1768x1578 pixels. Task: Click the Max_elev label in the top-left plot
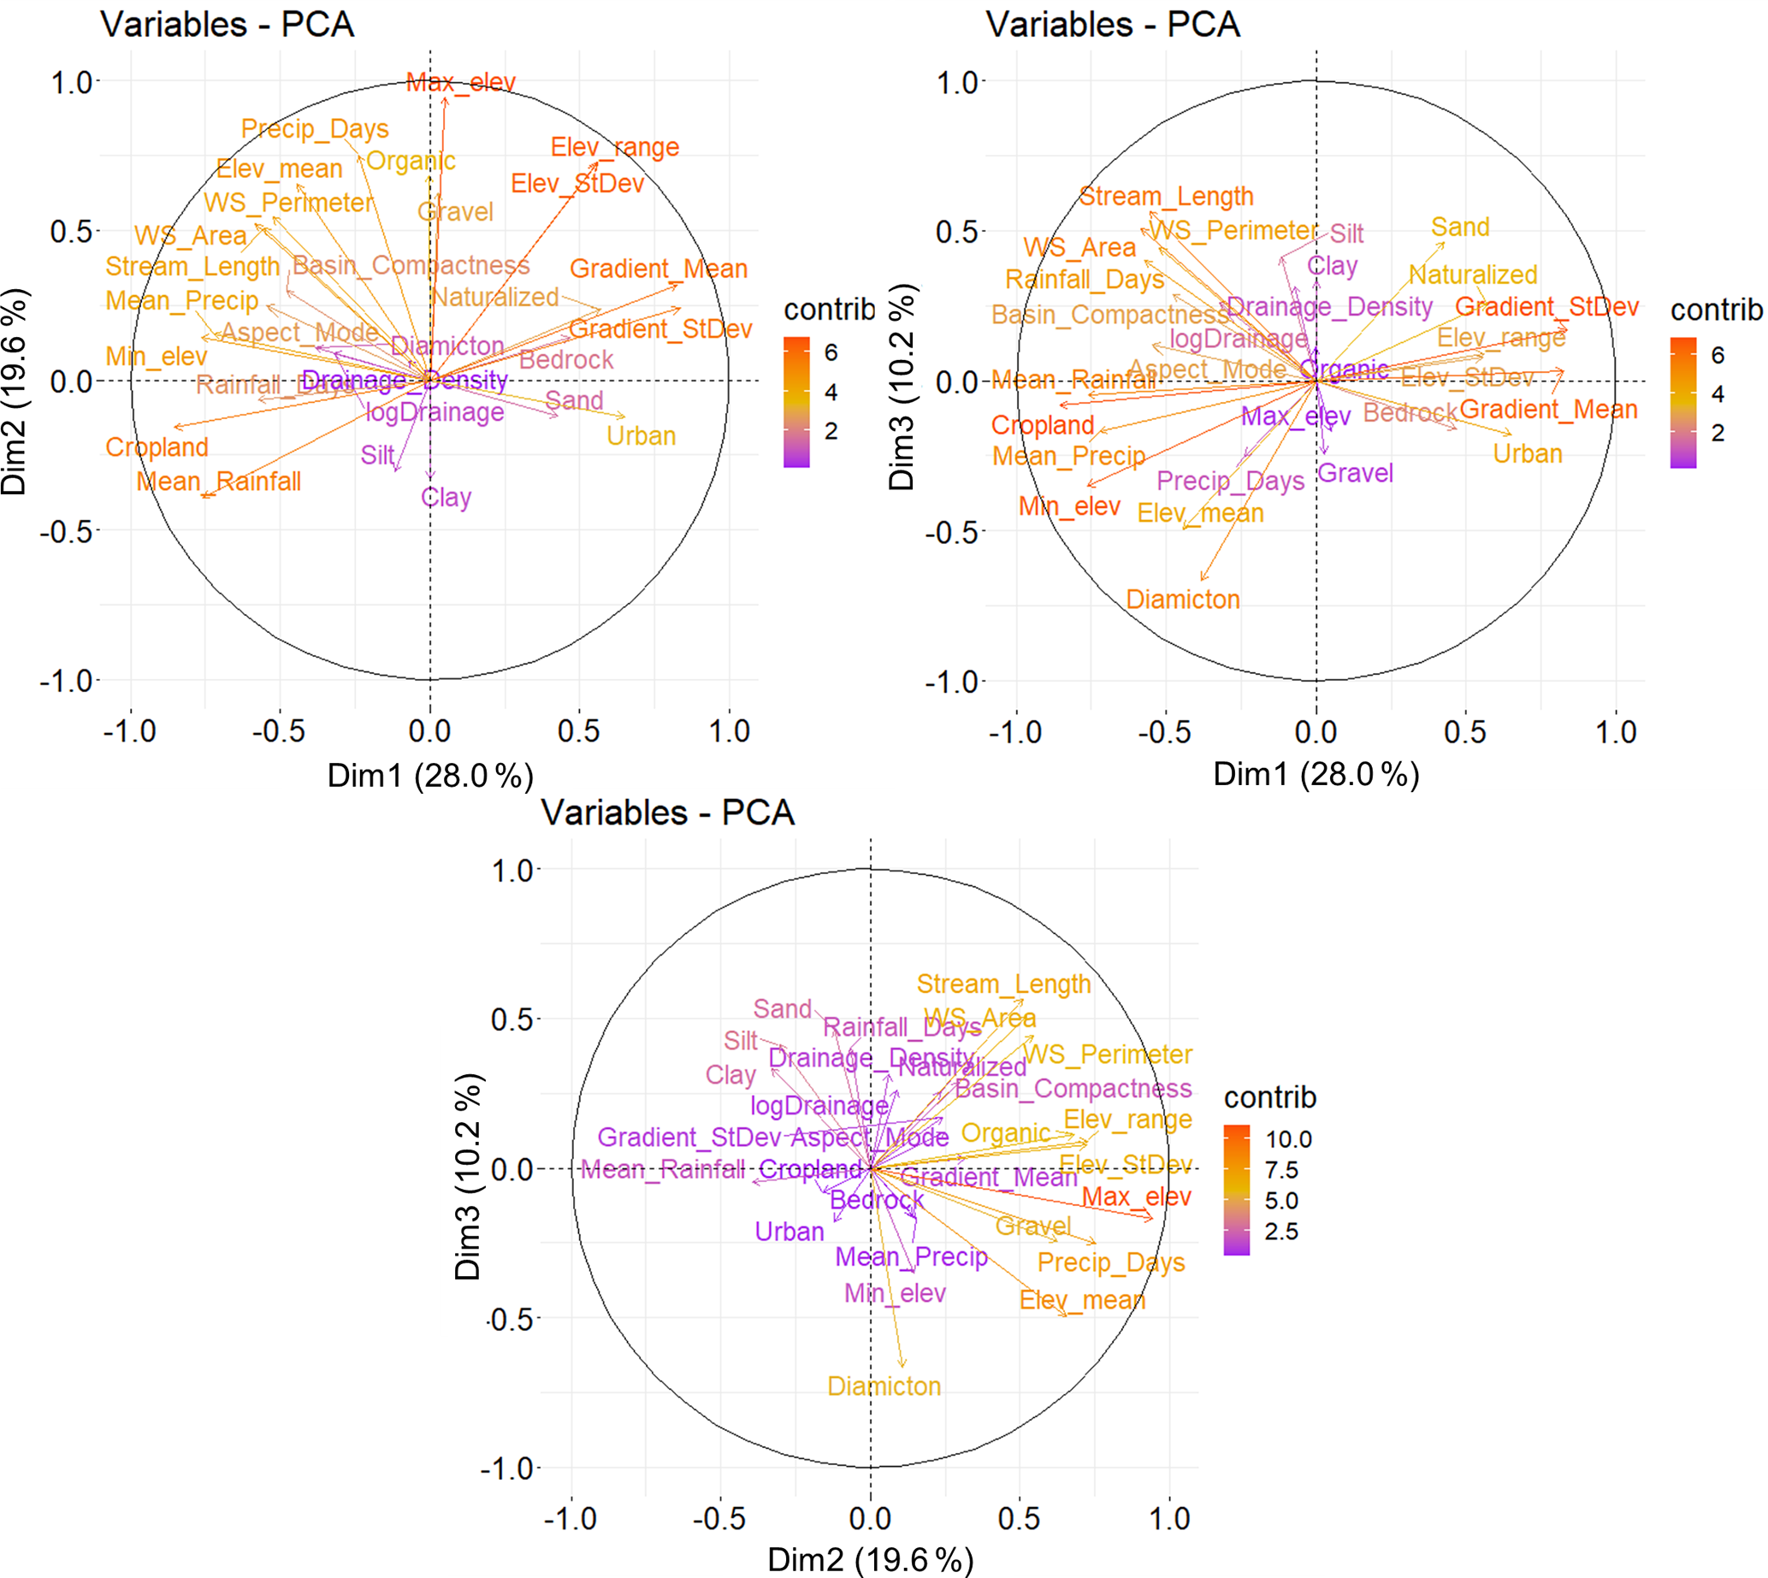coord(460,83)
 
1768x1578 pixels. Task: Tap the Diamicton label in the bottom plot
coord(884,1386)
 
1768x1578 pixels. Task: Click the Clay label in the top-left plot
coord(446,498)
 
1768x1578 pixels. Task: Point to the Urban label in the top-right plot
coord(1527,454)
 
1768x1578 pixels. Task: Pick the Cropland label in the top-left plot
coord(157,447)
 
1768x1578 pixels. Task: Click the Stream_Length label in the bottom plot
coord(1003,984)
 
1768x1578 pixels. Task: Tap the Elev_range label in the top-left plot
coord(615,147)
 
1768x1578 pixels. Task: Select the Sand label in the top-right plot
coord(1459,228)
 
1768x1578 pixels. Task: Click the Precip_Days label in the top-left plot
coord(315,129)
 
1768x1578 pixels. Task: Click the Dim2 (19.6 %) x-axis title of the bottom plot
coord(870,1561)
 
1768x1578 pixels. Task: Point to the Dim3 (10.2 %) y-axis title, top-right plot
coord(902,387)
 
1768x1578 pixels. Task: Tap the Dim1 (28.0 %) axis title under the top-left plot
coord(430,775)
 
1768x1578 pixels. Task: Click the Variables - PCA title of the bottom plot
coord(668,813)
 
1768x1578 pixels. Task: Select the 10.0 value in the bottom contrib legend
coord(1288,1139)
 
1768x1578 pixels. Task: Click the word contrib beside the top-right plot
coord(1716,310)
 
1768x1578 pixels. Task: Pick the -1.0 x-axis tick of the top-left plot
coord(130,732)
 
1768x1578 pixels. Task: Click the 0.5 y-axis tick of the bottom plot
coord(512,1019)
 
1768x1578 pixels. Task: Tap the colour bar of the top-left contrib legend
coord(796,402)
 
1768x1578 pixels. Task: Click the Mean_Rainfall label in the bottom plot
coord(662,1170)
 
